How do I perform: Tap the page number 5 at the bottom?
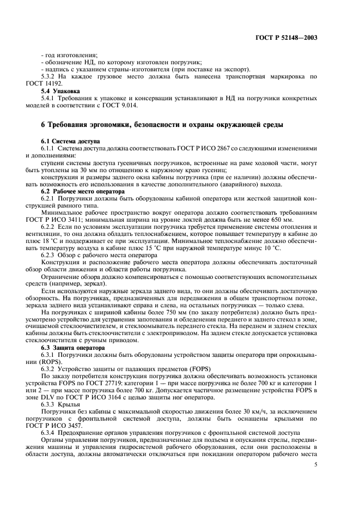click(316, 464)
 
